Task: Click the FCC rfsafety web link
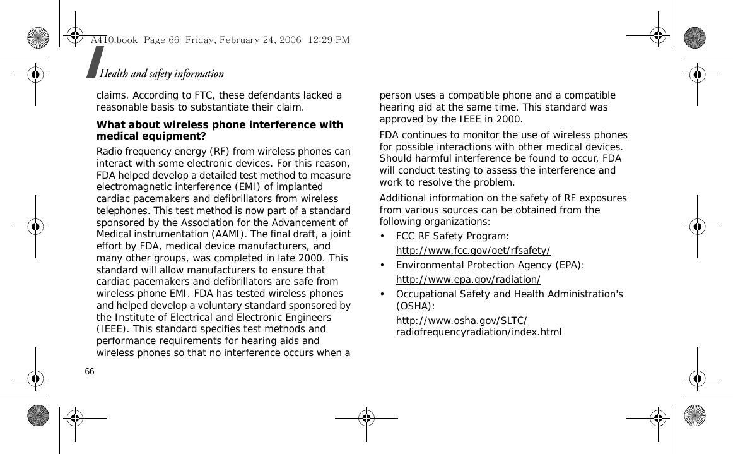[473, 250]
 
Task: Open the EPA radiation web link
[468, 279]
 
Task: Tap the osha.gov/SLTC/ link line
[462, 320]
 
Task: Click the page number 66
[90, 371]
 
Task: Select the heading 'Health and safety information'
[161, 74]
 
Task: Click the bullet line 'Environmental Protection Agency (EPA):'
[490, 265]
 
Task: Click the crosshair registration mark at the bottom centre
[366, 418]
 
